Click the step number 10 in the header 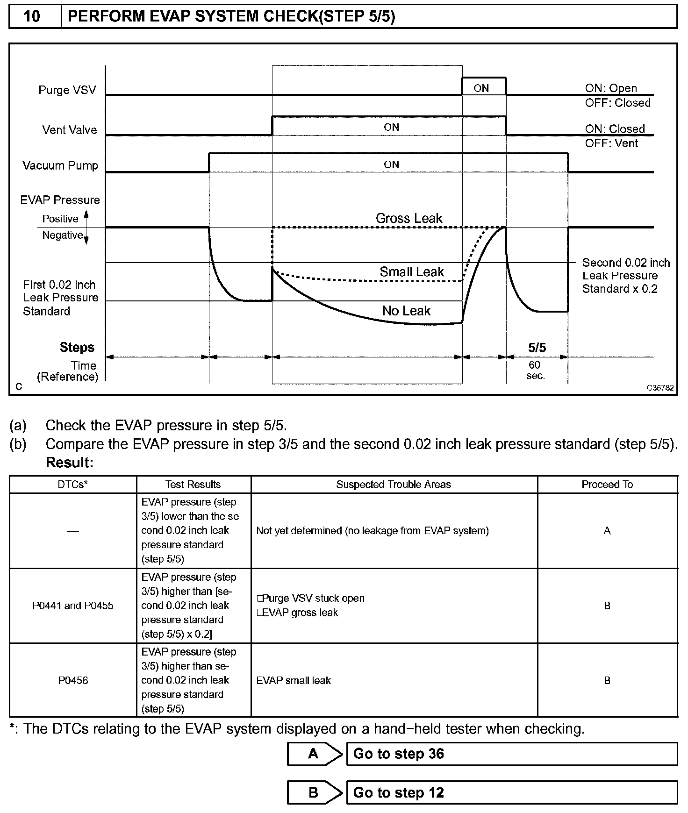(x=32, y=16)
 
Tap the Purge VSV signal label (x=67, y=90)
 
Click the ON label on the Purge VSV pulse (x=481, y=88)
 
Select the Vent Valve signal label (x=70, y=130)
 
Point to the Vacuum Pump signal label (x=60, y=165)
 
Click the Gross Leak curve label (x=409, y=218)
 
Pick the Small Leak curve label (x=412, y=272)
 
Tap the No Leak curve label (x=406, y=311)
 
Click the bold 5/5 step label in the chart (x=537, y=348)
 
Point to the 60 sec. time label (x=535, y=370)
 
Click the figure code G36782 (x=660, y=388)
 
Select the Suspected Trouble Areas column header (x=394, y=485)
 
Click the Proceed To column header (x=607, y=485)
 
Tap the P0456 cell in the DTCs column (x=73, y=680)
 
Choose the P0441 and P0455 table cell (x=73, y=606)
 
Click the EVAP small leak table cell (x=294, y=680)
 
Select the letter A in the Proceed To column (x=607, y=531)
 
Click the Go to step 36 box (x=511, y=754)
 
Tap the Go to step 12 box (x=511, y=792)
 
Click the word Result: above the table (x=70, y=463)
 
